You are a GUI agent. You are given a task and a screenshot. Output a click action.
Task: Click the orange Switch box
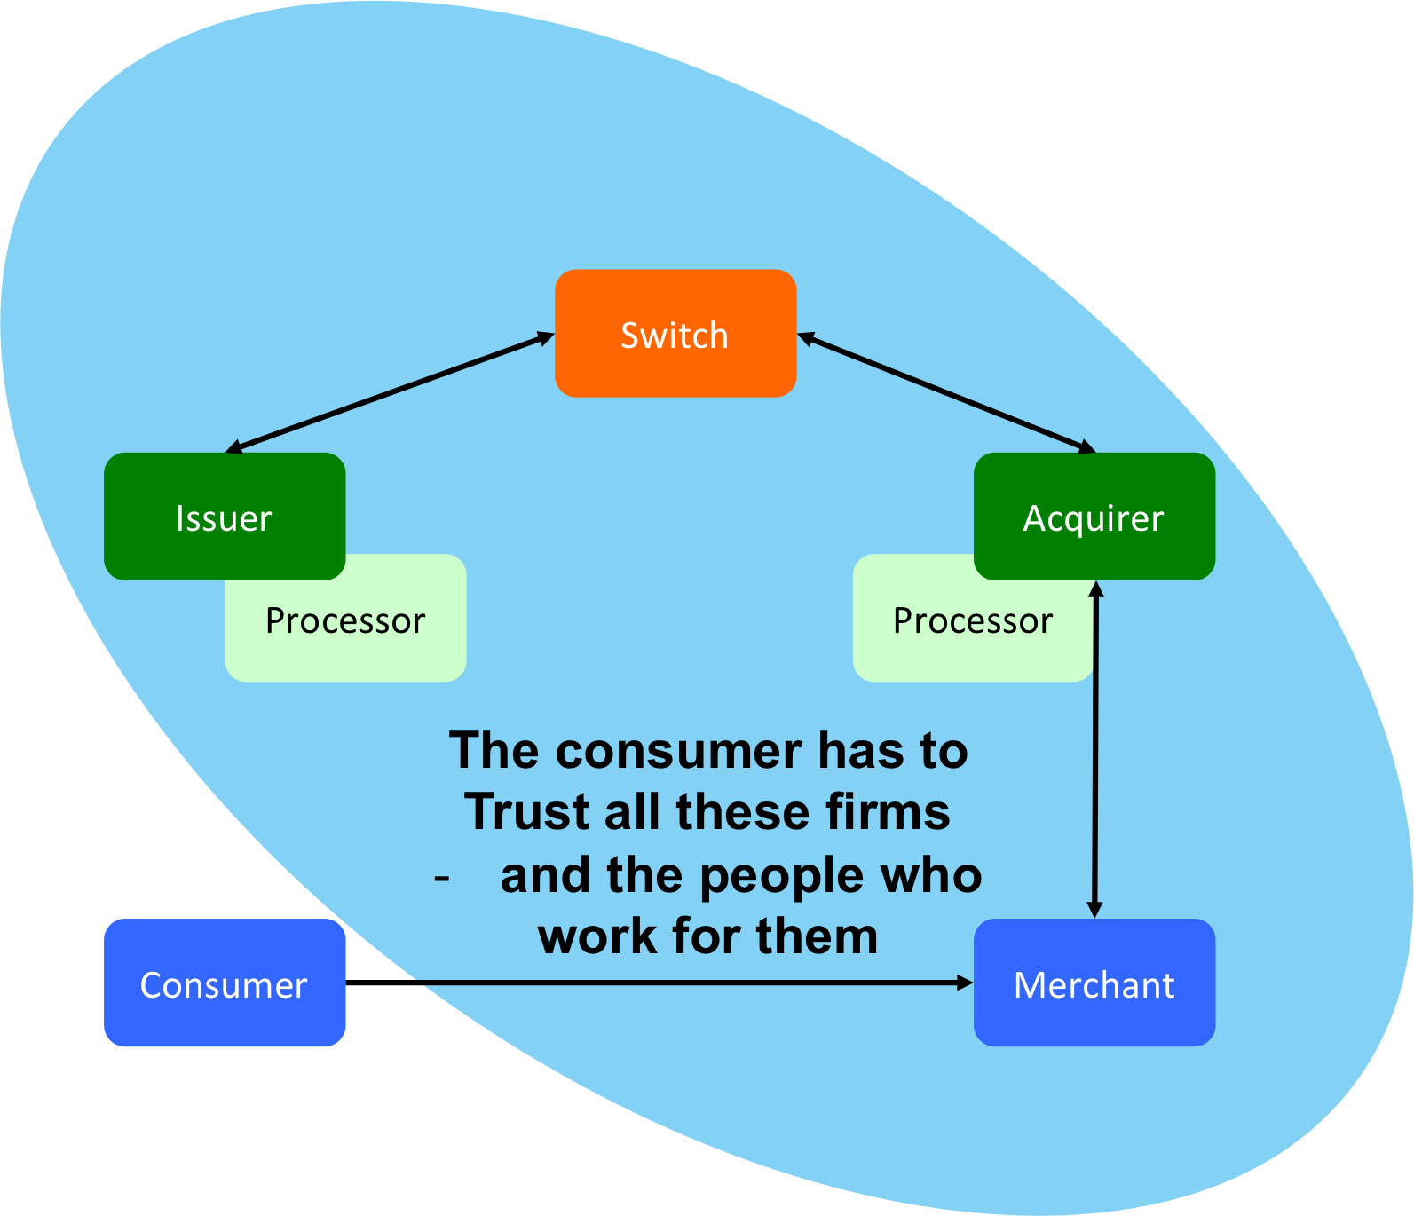click(x=675, y=333)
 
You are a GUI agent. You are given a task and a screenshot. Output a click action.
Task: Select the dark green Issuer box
click(x=224, y=517)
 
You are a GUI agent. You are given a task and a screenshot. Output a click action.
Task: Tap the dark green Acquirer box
click(x=1094, y=517)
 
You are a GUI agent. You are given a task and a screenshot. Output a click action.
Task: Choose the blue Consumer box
click(x=224, y=983)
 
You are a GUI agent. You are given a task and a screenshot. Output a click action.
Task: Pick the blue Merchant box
click(x=1094, y=983)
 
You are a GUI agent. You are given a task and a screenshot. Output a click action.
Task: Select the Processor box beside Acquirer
click(x=941, y=630)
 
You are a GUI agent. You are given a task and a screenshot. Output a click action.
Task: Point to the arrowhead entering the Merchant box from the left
click(x=964, y=983)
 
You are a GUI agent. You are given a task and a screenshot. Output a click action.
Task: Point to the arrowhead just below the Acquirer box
click(x=1095, y=590)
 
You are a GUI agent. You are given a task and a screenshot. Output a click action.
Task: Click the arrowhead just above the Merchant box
click(x=1094, y=909)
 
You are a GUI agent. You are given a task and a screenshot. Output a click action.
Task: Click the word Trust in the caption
click(x=526, y=811)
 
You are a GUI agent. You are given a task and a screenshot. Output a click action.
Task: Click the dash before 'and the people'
click(x=442, y=879)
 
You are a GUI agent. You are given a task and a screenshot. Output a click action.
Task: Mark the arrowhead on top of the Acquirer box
click(x=1086, y=447)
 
